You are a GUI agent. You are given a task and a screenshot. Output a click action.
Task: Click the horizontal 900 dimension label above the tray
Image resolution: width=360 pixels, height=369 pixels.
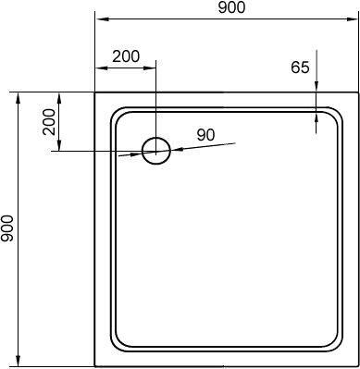(231, 7)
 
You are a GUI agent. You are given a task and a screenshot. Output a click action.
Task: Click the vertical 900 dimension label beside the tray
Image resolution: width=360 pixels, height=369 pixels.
(7, 228)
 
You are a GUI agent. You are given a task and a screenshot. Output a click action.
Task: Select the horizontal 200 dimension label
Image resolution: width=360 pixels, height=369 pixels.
(126, 56)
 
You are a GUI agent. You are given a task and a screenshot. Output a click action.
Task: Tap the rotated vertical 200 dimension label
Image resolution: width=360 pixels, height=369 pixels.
(49, 122)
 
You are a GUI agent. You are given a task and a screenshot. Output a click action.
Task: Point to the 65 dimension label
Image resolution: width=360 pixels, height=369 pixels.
(300, 68)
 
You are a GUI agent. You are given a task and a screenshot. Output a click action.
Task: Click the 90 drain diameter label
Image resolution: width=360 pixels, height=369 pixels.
(205, 135)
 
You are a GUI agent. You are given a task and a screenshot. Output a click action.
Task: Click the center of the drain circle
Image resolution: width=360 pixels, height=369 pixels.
(156, 151)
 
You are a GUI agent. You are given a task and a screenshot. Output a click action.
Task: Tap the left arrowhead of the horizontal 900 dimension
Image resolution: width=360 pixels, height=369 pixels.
(102, 19)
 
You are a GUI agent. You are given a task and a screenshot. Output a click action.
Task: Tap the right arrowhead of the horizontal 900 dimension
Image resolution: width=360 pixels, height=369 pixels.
(351, 19)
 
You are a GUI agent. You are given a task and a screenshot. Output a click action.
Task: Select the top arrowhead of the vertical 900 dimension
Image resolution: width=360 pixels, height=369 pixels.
(19, 100)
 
